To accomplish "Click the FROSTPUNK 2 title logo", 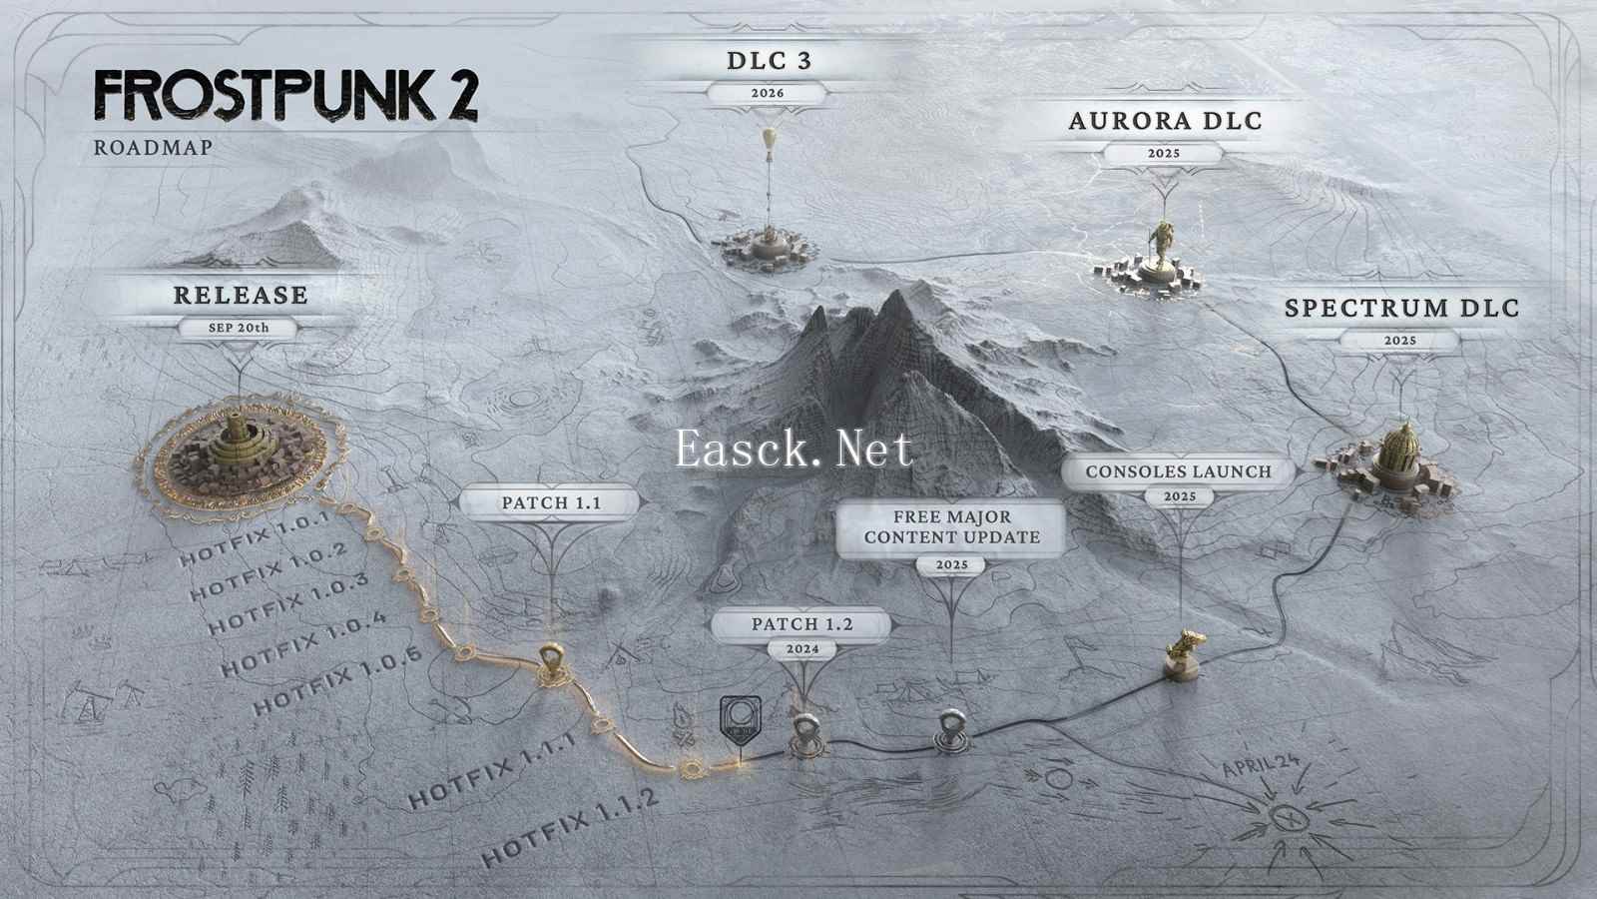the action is pyautogui.click(x=285, y=95).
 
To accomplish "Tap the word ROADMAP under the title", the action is pyautogui.click(x=154, y=148).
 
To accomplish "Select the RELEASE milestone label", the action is pyautogui.click(x=241, y=296).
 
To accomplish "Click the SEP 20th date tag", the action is pyautogui.click(x=239, y=329).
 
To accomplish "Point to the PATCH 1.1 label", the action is pyautogui.click(x=551, y=503).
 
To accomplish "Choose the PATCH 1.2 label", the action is pyautogui.click(x=802, y=624).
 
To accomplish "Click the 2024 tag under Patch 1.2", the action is pyautogui.click(x=802, y=649).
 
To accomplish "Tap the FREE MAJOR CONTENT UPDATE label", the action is pyautogui.click(x=952, y=527).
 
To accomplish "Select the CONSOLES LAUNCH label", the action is pyautogui.click(x=1179, y=471).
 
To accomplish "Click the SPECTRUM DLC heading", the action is pyautogui.click(x=1401, y=309).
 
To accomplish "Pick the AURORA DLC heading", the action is pyautogui.click(x=1165, y=121).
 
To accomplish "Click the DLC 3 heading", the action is pyautogui.click(x=770, y=61).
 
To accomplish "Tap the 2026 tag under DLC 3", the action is pyautogui.click(x=768, y=94).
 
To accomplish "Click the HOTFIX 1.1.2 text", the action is pyautogui.click(x=570, y=828).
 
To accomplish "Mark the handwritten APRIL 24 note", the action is pyautogui.click(x=1261, y=765).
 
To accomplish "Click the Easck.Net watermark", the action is pyautogui.click(x=794, y=449).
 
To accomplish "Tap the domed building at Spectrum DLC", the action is pyautogui.click(x=1398, y=456).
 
